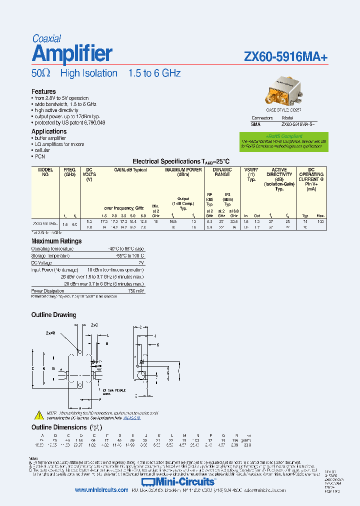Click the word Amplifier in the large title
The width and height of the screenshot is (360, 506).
(x=72, y=53)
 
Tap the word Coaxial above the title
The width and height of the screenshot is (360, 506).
(x=46, y=38)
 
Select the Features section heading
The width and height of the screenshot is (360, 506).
(x=43, y=91)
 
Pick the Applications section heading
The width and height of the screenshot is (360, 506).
(x=49, y=131)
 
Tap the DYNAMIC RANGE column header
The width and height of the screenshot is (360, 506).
(x=222, y=172)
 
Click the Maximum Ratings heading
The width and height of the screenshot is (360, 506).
(x=56, y=241)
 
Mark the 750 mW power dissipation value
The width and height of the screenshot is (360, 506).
(x=135, y=290)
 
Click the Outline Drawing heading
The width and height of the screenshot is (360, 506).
(x=54, y=315)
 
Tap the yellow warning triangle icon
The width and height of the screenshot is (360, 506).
(x=39, y=414)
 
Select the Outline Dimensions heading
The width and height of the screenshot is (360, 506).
(x=59, y=427)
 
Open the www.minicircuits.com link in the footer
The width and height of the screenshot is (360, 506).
(x=101, y=490)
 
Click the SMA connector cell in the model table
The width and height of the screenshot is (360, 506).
(x=255, y=123)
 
